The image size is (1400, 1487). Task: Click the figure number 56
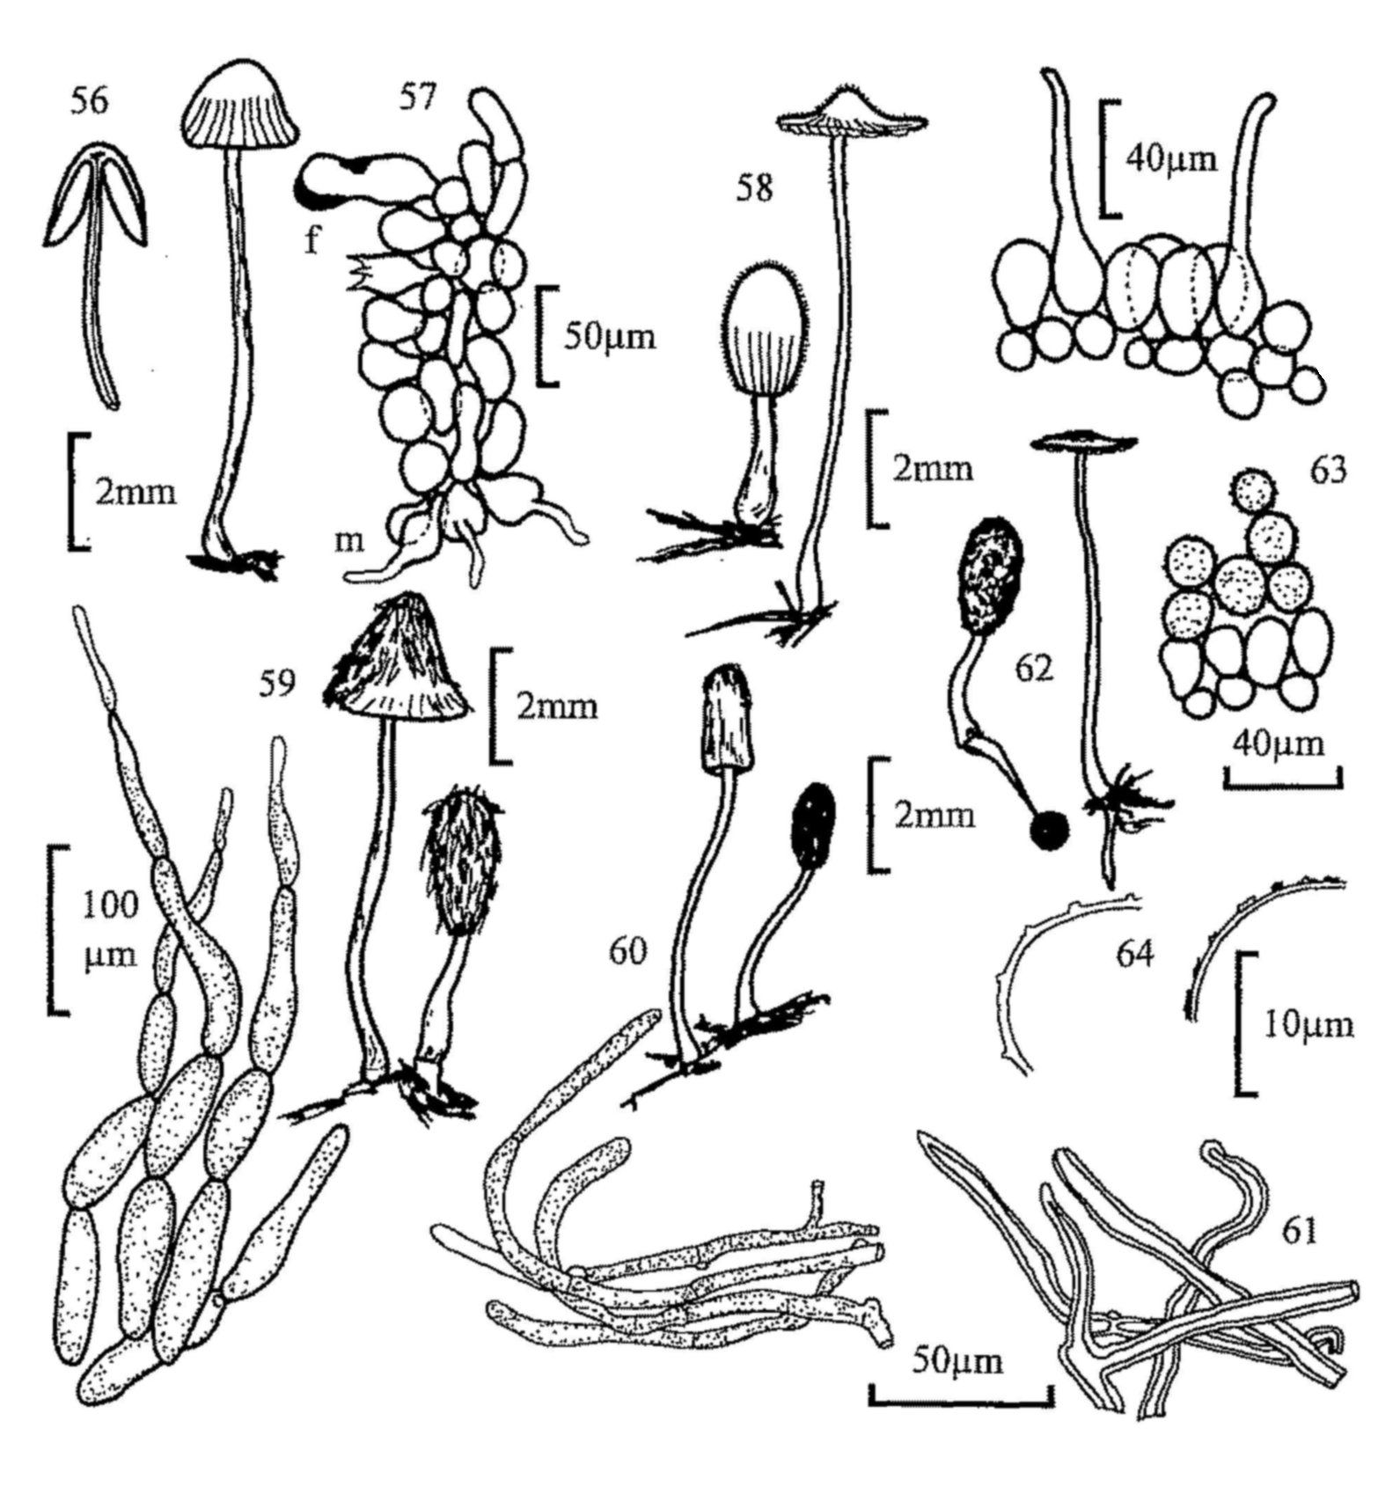88,101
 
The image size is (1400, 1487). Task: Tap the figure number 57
417,97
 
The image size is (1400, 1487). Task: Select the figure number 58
754,188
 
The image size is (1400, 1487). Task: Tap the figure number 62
1033,670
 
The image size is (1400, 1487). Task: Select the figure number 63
1327,471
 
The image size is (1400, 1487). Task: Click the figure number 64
1133,953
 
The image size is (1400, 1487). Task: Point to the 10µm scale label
1308,1024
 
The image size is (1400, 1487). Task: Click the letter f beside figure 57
312,239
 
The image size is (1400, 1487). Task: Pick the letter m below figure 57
349,540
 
